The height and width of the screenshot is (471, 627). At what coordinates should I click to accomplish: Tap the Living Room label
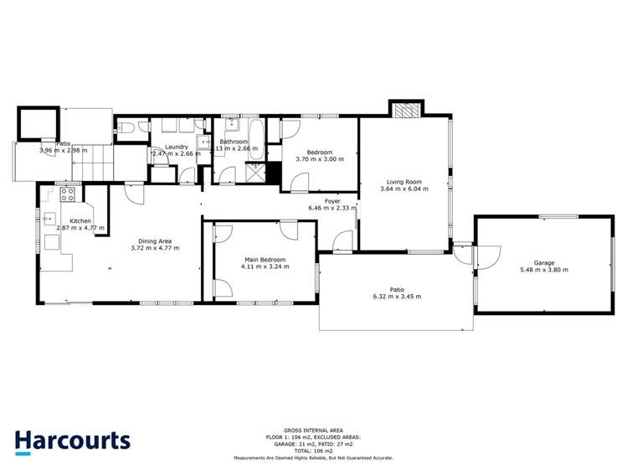(403, 181)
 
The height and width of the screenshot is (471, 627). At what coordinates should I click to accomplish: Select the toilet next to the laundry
(123, 128)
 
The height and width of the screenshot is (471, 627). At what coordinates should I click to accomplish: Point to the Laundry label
(176, 147)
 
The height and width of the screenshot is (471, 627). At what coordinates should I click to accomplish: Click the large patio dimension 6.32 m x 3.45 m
(396, 297)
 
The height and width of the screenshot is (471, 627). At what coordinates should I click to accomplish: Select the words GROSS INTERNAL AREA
(313, 431)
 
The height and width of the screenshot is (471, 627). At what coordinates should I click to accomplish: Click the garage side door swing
(488, 256)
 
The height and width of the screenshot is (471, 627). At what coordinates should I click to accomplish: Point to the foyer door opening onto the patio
(342, 243)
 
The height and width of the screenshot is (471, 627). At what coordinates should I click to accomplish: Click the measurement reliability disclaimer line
(313, 458)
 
